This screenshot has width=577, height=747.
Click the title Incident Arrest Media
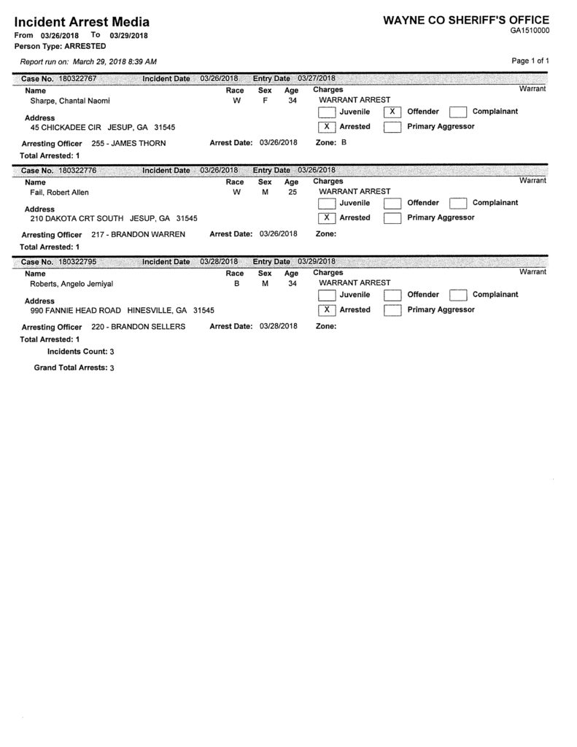pos(82,22)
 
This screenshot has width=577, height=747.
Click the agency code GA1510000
pos(530,31)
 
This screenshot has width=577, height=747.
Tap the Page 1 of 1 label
pos(530,61)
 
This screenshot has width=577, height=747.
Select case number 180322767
pos(78,78)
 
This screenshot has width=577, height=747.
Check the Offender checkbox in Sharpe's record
pos(392,112)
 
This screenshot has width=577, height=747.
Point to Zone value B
pos(344,142)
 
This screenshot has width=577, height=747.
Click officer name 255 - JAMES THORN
pos(129,144)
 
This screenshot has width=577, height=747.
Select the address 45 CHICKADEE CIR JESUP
pos(103,127)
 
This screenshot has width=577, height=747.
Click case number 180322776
pos(78,169)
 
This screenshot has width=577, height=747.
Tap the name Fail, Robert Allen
pos(59,193)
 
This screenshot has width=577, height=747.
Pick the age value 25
pos(292,192)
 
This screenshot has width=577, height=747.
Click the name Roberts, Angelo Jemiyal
pos(71,284)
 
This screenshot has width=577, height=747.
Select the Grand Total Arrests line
pos(74,368)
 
